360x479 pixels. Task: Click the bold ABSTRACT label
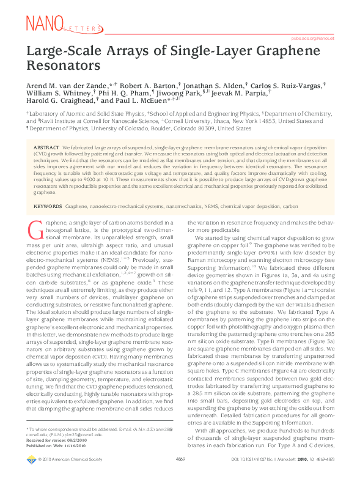click(x=47, y=148)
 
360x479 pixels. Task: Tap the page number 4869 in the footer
click(x=180, y=475)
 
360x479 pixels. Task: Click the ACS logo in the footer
click(x=32, y=475)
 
